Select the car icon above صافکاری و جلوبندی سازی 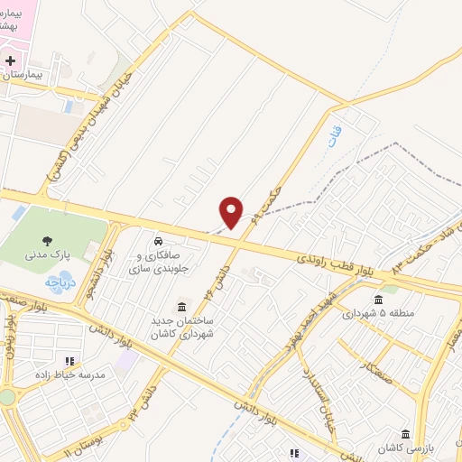point(158,242)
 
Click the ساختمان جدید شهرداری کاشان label point(183,328)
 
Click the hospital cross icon point(10,61)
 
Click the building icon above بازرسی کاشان point(406,434)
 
